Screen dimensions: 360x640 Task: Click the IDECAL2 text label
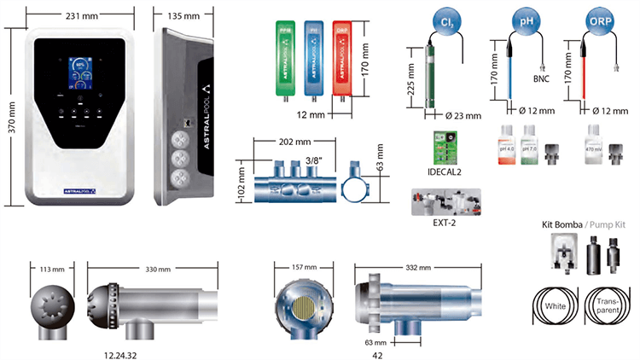pyautogui.click(x=445, y=172)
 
